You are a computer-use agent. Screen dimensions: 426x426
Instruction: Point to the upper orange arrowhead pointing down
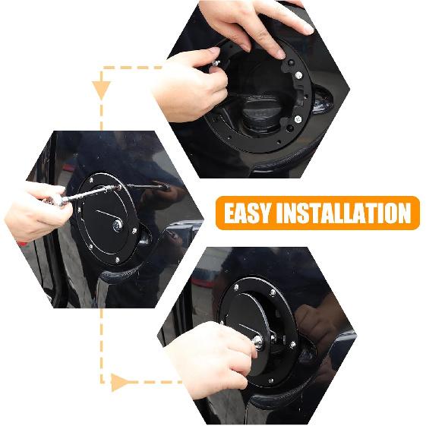(x=101, y=90)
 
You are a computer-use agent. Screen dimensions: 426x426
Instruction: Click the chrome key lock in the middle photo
(x=118, y=226)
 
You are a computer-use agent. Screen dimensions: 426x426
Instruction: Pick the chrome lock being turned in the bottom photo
(x=258, y=341)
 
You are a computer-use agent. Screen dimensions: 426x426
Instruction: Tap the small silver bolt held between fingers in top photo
(x=216, y=64)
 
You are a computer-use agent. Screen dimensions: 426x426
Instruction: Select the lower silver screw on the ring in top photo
(x=298, y=118)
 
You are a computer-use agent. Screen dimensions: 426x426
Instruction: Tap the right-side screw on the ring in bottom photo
(x=292, y=345)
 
